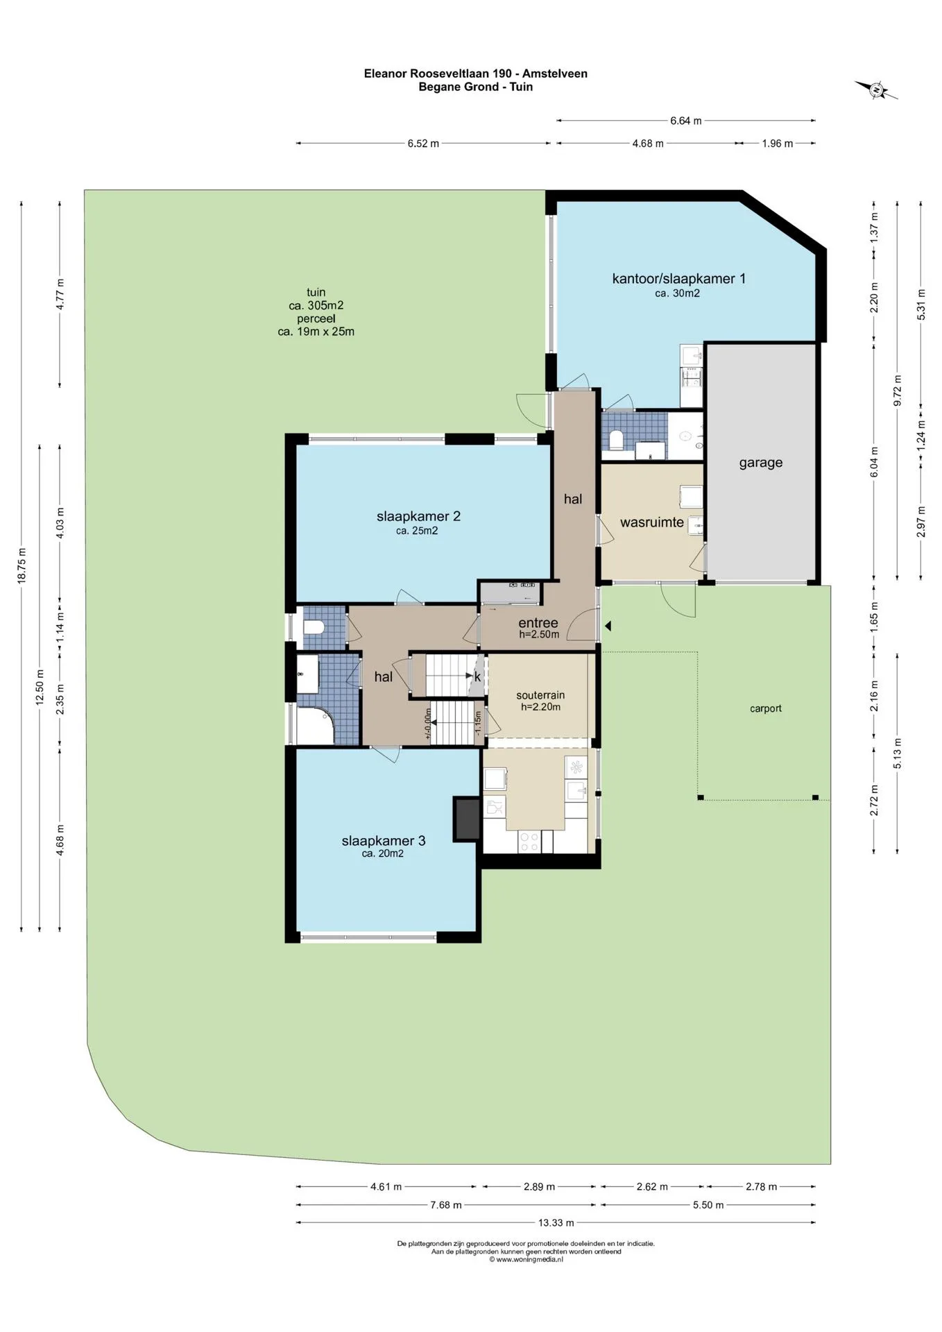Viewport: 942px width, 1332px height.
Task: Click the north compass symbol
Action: click(876, 89)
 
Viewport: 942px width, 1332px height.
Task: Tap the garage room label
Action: click(760, 463)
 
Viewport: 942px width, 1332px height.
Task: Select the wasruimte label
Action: click(651, 522)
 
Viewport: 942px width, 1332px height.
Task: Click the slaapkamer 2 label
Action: click(418, 516)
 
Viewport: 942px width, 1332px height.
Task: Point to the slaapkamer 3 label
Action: click(384, 841)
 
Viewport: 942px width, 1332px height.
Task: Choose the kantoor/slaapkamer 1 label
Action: click(678, 279)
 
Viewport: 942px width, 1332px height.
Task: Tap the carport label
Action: click(766, 708)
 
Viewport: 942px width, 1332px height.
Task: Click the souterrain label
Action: click(540, 695)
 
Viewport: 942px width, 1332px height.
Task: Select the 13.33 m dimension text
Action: click(556, 1222)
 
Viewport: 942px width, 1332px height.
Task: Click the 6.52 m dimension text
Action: click(423, 144)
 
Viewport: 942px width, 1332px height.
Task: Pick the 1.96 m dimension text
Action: click(777, 144)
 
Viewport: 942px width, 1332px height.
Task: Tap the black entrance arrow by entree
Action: click(608, 626)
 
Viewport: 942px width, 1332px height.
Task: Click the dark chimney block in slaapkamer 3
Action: click(466, 819)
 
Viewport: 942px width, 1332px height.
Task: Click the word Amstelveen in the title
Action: click(555, 74)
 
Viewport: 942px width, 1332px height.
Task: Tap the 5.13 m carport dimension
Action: click(898, 753)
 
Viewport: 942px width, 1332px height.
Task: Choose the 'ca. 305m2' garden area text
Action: click(316, 305)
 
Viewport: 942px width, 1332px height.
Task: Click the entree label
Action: click(538, 623)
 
